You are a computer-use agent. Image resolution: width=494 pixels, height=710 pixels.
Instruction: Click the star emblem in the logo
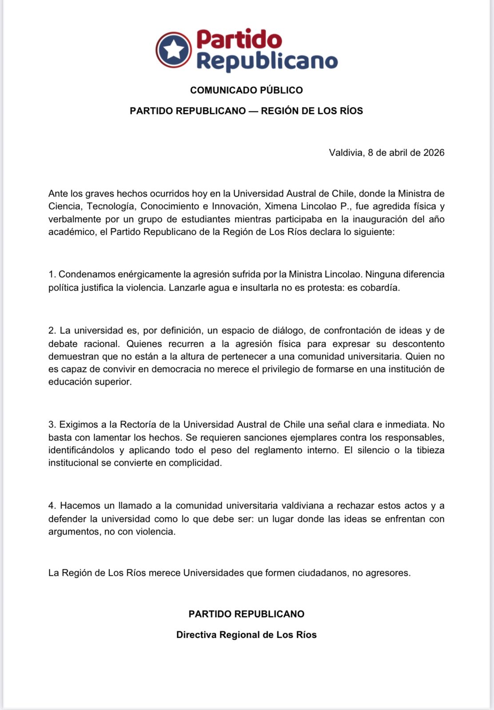click(174, 49)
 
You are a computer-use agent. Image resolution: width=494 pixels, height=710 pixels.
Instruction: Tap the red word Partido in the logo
click(239, 39)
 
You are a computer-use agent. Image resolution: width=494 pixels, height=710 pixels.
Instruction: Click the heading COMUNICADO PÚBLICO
click(247, 90)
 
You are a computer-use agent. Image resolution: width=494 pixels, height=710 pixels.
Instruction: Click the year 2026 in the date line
click(434, 153)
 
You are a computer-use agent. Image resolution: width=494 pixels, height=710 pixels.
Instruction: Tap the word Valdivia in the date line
click(346, 153)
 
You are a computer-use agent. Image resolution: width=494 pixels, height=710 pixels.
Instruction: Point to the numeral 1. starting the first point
click(52, 274)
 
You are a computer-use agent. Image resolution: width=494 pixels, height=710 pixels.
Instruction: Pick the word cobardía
click(380, 288)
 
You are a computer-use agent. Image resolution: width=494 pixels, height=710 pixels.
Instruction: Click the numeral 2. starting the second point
click(52, 331)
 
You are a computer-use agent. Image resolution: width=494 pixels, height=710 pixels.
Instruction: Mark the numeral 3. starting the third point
click(52, 425)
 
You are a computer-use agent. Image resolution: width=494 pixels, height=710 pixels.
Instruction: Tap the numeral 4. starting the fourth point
click(52, 506)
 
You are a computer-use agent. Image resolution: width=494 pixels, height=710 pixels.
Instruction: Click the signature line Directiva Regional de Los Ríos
click(247, 635)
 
